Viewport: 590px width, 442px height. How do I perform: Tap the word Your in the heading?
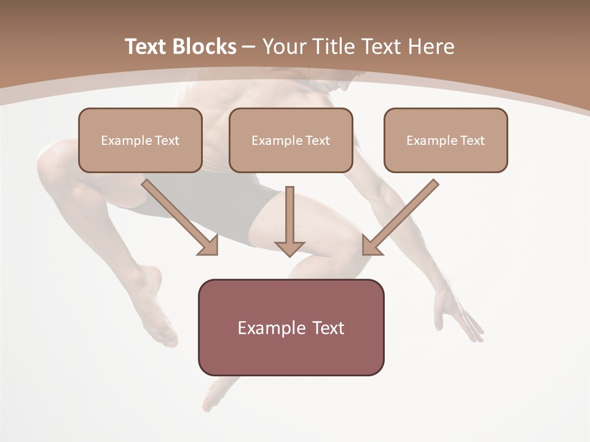tap(285, 47)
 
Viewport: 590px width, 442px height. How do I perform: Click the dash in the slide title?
tap(249, 47)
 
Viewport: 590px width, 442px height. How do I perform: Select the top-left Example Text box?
tap(140, 140)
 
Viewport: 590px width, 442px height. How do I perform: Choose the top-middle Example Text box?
tap(291, 140)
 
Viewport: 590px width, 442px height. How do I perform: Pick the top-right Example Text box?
tap(446, 140)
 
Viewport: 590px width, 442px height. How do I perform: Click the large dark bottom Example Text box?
tap(291, 327)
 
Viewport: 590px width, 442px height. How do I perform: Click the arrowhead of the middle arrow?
tap(289, 248)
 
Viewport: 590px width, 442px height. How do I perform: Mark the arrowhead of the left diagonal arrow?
tap(209, 245)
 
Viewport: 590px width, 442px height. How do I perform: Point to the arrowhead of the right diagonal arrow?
tap(371, 245)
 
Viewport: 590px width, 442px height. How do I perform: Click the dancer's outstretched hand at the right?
tap(458, 313)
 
